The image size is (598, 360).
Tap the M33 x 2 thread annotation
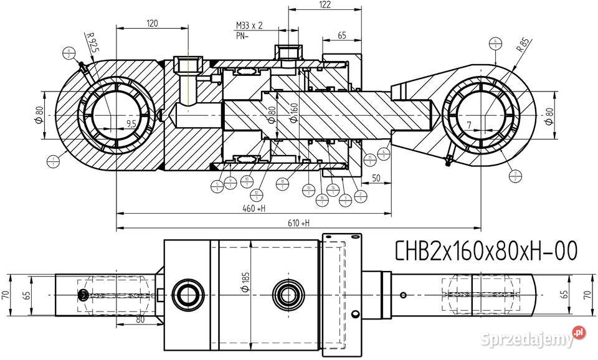249,26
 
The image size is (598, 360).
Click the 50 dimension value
376,179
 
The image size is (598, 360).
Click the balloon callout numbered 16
321,199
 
